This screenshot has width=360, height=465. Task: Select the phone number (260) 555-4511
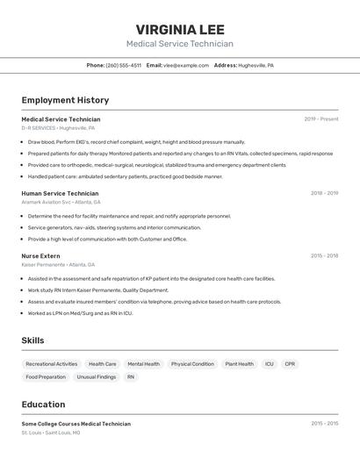[123, 65]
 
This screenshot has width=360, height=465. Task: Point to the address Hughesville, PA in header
[256, 65]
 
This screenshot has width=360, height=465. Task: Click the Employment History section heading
[65, 100]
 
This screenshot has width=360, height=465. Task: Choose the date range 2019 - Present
[320, 119]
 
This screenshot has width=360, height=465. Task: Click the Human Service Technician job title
[60, 193]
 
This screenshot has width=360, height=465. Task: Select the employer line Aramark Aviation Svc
[61, 202]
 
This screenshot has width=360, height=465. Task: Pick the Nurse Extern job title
[40, 256]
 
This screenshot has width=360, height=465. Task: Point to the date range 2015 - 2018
[324, 256]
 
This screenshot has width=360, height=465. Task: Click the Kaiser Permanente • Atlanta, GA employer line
[58, 264]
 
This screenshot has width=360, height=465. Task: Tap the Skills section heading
[32, 340]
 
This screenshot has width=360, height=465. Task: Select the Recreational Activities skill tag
[52, 364]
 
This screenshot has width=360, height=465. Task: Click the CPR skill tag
[290, 364]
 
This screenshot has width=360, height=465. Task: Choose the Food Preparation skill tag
[46, 377]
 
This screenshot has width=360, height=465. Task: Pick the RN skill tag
[131, 377]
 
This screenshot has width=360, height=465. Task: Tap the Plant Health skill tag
[239, 364]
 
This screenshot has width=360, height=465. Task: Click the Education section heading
[43, 404]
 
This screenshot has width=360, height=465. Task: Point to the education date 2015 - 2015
[324, 424]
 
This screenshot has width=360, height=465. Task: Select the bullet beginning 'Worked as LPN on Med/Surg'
[80, 313]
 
